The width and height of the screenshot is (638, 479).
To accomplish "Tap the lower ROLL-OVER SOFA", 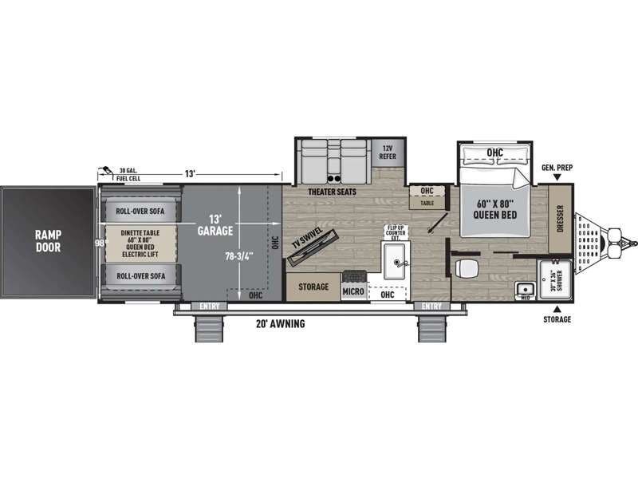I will pos(140,275).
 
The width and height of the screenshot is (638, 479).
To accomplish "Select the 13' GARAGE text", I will pos(215,224).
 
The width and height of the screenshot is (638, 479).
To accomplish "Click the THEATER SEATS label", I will pos(330,192).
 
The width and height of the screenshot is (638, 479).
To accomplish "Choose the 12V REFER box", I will pos(388,152).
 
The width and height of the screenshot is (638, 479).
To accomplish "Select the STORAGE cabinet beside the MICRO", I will pos(313,287).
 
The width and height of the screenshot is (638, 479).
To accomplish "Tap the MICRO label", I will pos(353,292).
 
